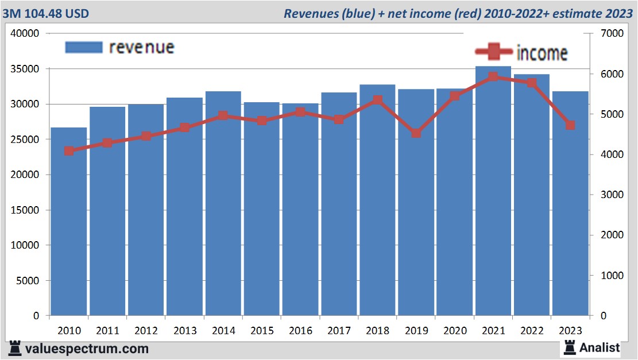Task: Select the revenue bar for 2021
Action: click(x=493, y=195)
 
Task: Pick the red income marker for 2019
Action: click(x=416, y=133)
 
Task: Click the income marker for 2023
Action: click(x=570, y=125)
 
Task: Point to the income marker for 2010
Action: click(x=69, y=151)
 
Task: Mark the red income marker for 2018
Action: click(x=377, y=100)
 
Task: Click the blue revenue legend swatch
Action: click(x=83, y=47)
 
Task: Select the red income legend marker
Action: click(x=493, y=52)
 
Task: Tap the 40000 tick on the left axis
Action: click(x=25, y=34)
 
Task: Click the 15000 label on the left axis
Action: click(x=25, y=210)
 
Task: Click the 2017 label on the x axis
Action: click(x=339, y=331)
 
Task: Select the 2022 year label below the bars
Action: click(x=532, y=331)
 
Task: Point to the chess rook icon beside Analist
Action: click(x=570, y=347)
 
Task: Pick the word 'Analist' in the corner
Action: click(x=600, y=347)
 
